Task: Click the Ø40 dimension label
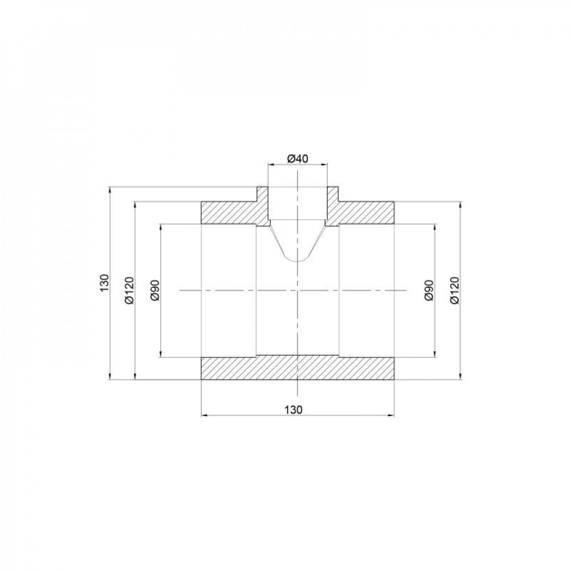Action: [x=298, y=158]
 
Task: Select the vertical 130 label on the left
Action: [x=103, y=283]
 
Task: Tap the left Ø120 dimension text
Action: [x=129, y=291]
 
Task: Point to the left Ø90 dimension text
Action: [x=155, y=291]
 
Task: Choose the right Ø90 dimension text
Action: [x=429, y=290]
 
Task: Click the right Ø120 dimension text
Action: [x=454, y=291]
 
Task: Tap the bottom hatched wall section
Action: [x=298, y=368]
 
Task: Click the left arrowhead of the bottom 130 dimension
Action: [x=205, y=416]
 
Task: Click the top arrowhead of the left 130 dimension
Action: [x=109, y=189]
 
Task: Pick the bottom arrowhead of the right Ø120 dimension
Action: [x=460, y=376]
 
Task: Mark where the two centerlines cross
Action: [x=298, y=290]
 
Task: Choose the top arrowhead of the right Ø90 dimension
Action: [x=436, y=226]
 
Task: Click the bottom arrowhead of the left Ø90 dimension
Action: [x=161, y=355]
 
